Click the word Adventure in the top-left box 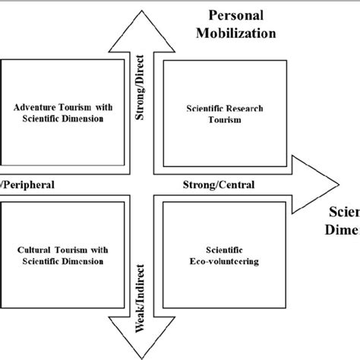41,109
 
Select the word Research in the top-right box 240,109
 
